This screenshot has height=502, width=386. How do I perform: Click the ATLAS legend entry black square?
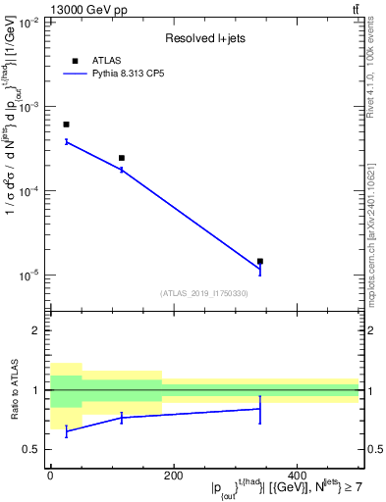75,61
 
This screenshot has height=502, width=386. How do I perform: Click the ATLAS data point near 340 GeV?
260,262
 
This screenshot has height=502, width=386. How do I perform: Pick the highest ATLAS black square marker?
66,125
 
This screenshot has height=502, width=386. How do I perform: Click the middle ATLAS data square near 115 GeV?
122,158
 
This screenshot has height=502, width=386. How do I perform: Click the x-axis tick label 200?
173,476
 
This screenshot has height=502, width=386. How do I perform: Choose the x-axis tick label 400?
297,476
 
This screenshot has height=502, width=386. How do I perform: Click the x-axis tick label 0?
49,476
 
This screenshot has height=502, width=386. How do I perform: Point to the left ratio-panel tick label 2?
35,331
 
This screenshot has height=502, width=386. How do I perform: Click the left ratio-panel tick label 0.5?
30,450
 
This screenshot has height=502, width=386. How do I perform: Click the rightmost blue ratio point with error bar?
260,409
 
